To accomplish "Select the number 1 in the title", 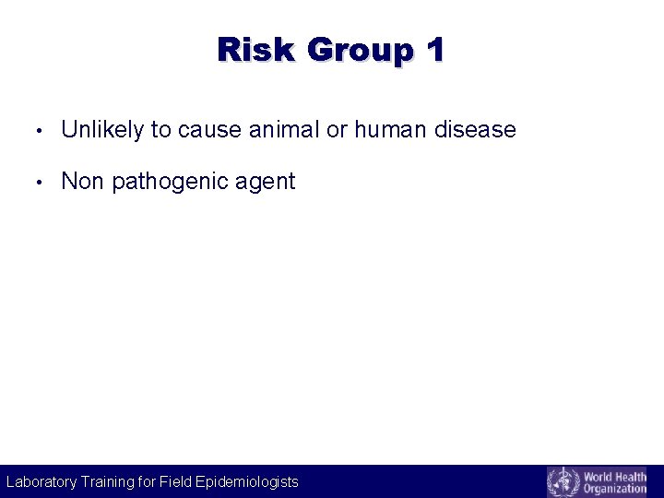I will (x=433, y=49).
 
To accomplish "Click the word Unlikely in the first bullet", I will (x=102, y=130).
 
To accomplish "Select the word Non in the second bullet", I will (x=82, y=182).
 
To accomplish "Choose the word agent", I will (x=266, y=183).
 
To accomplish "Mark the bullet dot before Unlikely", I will (x=35, y=131).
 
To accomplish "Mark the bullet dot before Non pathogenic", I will (x=35, y=183).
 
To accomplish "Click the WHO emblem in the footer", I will (x=563, y=481).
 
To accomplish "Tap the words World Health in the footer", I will (x=614, y=475).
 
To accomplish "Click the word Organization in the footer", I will (x=614, y=489).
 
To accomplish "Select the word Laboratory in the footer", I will (x=41, y=481).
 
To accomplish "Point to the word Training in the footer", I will (x=106, y=481).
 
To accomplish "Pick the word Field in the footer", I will (x=175, y=481).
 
